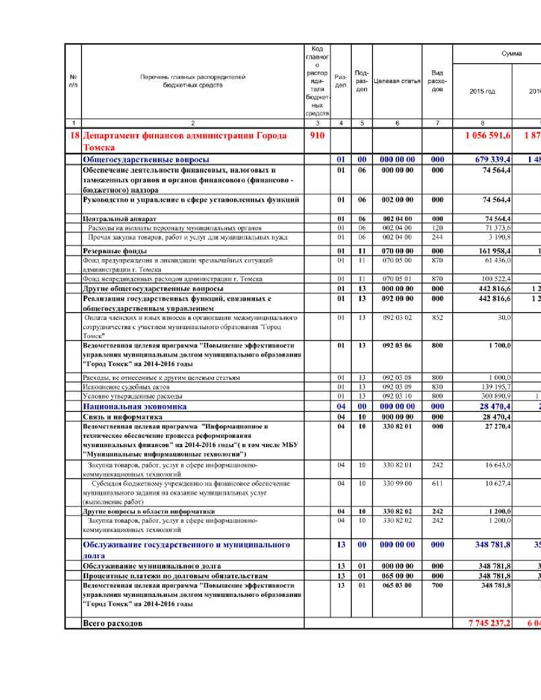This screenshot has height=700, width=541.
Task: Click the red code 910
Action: tap(317, 136)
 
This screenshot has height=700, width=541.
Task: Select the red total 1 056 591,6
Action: tap(488, 136)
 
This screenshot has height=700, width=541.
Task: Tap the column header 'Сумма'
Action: tap(511, 54)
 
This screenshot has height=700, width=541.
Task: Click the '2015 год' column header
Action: tap(482, 91)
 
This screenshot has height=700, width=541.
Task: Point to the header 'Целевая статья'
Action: tap(397, 81)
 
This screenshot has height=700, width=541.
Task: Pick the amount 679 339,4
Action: tap(492, 160)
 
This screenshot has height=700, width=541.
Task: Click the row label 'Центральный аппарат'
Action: tap(120, 219)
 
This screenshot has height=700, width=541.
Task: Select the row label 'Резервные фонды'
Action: tap(115, 251)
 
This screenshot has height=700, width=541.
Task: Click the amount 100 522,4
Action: tap(494, 279)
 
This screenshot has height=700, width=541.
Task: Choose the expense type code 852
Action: tap(437, 318)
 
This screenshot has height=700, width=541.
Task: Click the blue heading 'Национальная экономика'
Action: tap(135, 406)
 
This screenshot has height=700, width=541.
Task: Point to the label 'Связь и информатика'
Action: tap(122, 417)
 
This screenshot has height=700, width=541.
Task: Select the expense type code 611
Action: tap(437, 484)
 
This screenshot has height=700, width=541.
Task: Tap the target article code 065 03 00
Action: tap(397, 585)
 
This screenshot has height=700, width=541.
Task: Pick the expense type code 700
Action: tap(437, 585)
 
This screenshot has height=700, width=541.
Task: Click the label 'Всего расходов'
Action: tap(112, 623)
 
